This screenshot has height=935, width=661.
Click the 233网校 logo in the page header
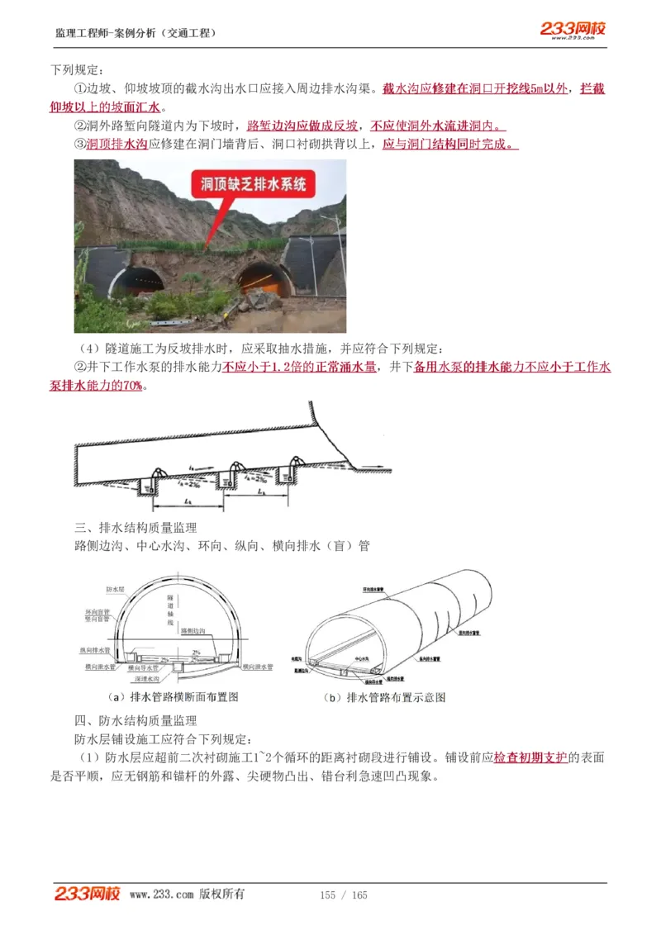coord(573,30)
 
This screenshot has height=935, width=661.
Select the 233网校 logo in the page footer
coord(88,894)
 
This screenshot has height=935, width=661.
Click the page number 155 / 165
coord(344,895)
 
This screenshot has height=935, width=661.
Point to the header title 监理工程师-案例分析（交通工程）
coord(136,33)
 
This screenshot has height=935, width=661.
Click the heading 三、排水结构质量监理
coord(136,527)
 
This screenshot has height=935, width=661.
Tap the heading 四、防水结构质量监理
coord(136,720)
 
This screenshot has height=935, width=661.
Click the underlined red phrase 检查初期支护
coord(530,757)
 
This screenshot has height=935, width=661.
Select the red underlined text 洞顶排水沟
coord(117,144)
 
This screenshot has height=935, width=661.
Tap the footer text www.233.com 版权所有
coord(187,895)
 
